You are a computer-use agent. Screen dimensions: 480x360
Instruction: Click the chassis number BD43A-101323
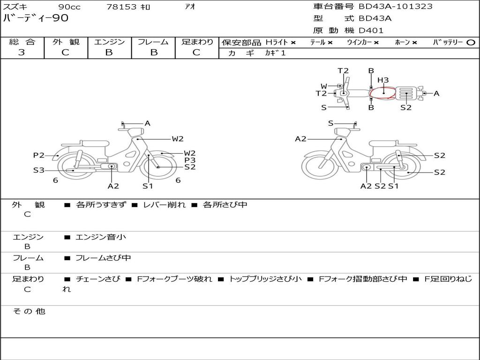396,7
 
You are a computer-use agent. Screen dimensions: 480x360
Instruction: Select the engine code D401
371,30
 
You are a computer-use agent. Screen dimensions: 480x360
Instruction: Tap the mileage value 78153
121,7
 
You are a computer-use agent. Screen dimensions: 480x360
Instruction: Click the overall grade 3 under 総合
22,52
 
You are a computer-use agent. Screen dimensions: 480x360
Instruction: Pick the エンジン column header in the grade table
109,42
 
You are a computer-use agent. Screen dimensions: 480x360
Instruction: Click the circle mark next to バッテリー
471,43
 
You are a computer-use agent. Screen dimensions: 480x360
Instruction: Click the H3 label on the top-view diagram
382,80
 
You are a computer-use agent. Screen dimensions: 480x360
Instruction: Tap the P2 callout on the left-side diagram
39,155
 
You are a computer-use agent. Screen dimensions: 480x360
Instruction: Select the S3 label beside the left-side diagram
39,170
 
